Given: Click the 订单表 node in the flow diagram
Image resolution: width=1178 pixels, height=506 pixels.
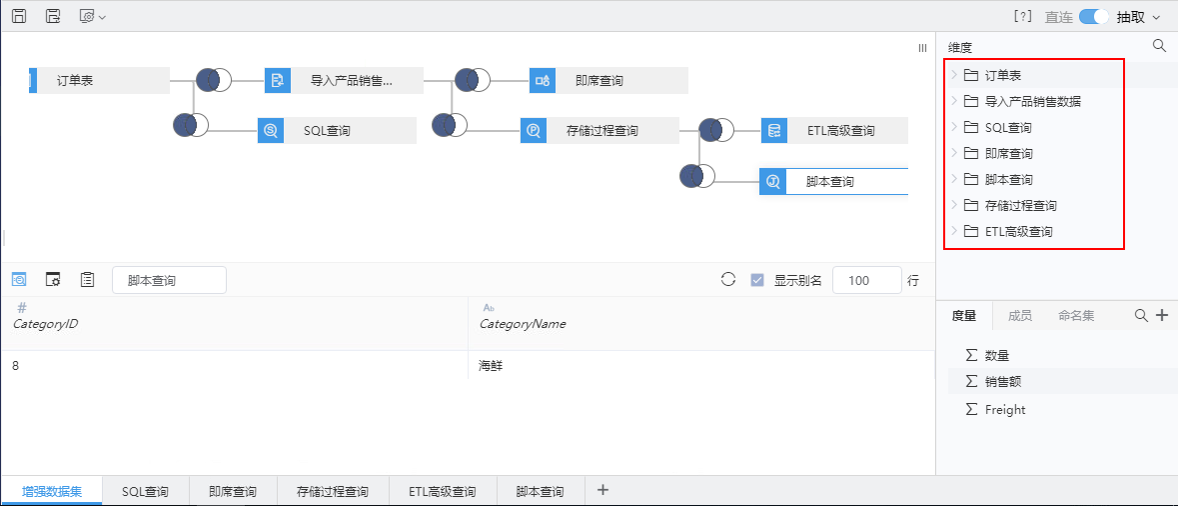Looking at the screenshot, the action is coord(99,80).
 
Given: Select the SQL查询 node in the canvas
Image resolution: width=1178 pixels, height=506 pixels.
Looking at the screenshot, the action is coord(337,131).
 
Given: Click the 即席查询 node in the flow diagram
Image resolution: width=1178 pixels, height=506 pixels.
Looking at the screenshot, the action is coord(608,80).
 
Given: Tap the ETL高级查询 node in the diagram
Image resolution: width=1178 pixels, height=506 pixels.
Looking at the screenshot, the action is coord(834,131).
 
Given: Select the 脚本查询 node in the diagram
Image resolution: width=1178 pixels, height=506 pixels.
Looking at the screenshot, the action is coord(834,181).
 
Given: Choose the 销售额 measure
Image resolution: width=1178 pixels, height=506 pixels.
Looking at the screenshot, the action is coord(1003,382).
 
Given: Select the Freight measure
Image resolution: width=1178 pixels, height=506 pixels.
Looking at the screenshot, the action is coord(1004,410).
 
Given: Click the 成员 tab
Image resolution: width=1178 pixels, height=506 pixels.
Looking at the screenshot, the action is coord(1019,316).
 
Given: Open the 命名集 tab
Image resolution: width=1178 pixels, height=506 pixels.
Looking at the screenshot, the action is coord(1076,316).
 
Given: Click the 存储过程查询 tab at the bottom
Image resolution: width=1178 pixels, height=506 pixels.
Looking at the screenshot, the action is coord(333,492).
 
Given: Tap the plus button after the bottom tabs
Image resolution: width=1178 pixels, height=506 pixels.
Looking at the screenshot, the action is coord(602,490).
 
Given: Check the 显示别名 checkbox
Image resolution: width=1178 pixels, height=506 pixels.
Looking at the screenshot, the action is coord(757,280).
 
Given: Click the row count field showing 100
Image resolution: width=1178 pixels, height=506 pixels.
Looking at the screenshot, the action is coord(867,280).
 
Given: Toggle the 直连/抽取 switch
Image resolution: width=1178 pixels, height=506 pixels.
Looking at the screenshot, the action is coord(1094,17).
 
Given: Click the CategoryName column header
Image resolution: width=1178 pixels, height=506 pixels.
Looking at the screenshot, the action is coord(523,324).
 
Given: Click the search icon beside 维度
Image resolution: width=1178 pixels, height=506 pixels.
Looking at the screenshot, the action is coord(1159,46).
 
